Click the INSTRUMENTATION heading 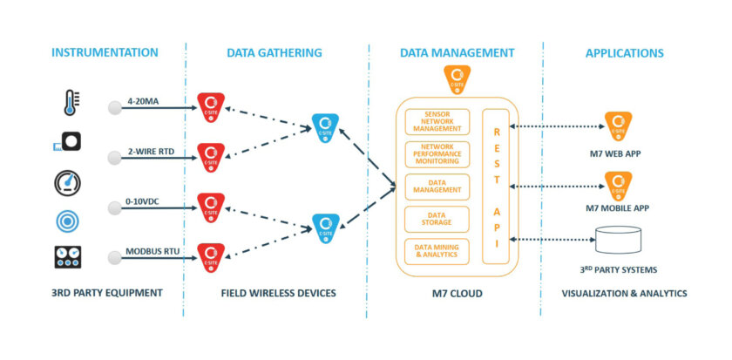pos(105,53)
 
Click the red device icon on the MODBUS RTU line pos(210,255)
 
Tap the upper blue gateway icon pos(324,126)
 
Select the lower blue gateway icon pos(324,228)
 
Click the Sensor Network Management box pos(437,122)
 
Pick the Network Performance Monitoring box pos(437,153)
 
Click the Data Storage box pos(437,219)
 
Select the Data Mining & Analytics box pos(437,251)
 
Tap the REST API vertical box pos(497,187)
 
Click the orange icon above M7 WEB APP pos(619,126)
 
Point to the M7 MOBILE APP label pos(619,207)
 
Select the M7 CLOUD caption pos(457,292)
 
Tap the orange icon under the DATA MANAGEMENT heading pos(457,81)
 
